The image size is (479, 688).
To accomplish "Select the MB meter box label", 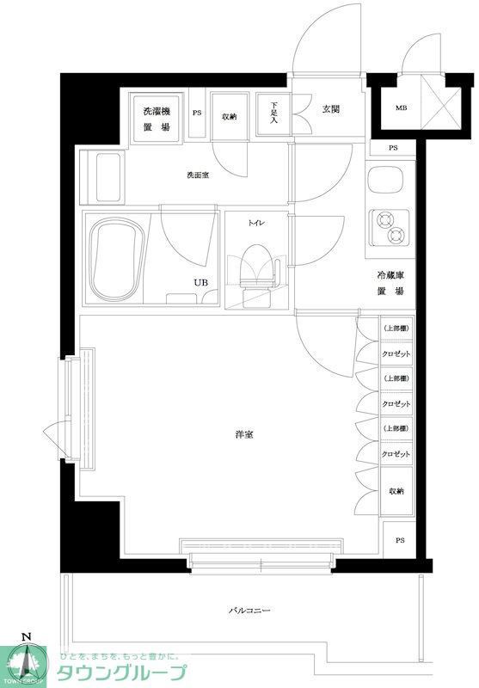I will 401,108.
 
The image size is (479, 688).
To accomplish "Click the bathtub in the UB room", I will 116,258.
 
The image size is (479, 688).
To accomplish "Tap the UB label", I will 200,282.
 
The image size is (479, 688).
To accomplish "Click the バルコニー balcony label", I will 249,611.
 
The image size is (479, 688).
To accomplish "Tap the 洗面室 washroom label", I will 198,175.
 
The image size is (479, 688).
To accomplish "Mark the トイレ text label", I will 256,223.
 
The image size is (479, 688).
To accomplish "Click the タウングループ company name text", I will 120,673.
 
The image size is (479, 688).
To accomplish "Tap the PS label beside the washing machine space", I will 197,113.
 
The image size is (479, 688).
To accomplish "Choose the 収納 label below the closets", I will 396,490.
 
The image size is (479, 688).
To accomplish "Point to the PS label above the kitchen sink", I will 393,148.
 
